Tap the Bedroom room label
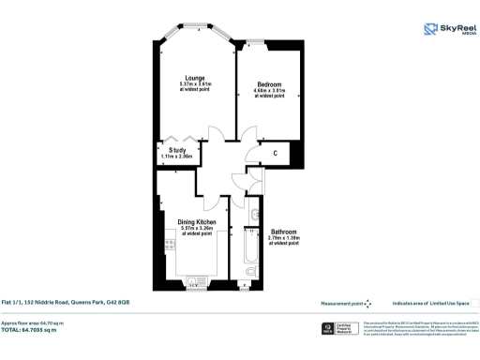pos(269,83)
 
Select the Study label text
pos(176,150)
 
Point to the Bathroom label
pos(284,232)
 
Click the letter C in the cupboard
pos(275,153)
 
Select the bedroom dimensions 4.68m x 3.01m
pos(269,90)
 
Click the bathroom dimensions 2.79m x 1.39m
pos(284,238)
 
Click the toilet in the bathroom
pos(248,274)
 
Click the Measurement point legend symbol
pos(367,304)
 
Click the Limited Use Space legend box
pos(474,304)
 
